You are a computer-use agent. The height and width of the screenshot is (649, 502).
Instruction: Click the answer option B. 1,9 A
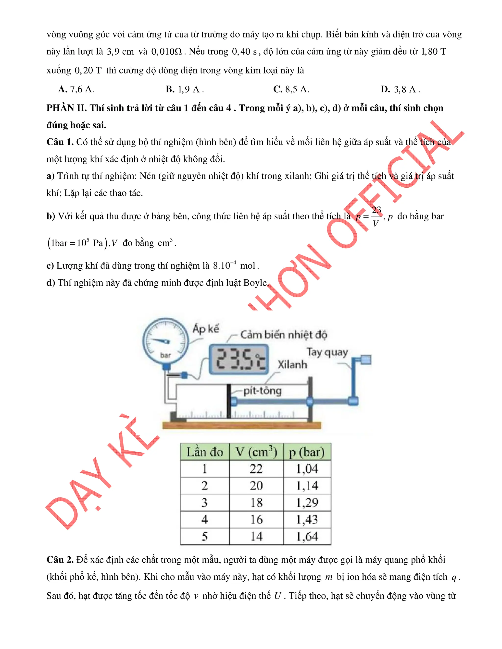pyautogui.click(x=185, y=89)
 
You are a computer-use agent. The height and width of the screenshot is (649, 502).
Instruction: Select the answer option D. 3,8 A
pyautogui.click(x=400, y=89)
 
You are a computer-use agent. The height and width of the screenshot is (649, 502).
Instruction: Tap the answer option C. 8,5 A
pyautogui.click(x=291, y=89)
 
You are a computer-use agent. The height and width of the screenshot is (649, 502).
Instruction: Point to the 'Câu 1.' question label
pyautogui.click(x=60, y=142)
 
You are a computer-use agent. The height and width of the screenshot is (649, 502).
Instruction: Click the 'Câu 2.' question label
pyautogui.click(x=60, y=560)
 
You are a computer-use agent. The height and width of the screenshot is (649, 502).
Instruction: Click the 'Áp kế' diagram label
pyautogui.click(x=205, y=329)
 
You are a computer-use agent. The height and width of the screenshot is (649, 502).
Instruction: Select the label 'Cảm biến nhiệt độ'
pyautogui.click(x=283, y=335)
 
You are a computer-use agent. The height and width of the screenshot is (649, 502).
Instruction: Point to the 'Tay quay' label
pyautogui.click(x=327, y=352)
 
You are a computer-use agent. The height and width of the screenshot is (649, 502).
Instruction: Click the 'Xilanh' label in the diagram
pyautogui.click(x=292, y=365)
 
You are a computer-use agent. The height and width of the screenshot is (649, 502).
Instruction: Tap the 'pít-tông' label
pyautogui.click(x=262, y=391)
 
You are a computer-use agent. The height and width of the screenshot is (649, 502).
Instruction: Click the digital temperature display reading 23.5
pyautogui.click(x=239, y=359)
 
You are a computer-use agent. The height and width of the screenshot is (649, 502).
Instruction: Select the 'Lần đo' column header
pyautogui.click(x=205, y=452)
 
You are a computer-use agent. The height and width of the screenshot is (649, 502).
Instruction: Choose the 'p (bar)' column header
pyautogui.click(x=307, y=452)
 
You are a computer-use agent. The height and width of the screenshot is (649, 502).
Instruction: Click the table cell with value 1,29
pyautogui.click(x=307, y=503)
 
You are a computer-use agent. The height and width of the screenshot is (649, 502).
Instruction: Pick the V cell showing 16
pyautogui.click(x=256, y=519)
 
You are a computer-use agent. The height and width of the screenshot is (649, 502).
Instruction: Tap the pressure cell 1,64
pyautogui.click(x=307, y=536)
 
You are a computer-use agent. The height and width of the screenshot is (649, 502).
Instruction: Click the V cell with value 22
pyautogui.click(x=256, y=469)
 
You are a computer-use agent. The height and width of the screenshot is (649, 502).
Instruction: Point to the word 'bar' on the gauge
pyautogui.click(x=165, y=355)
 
